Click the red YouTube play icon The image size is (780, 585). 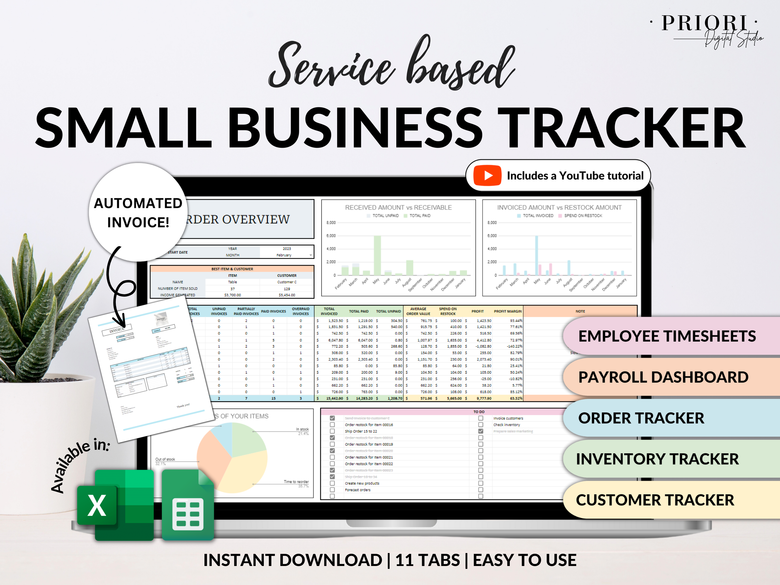click(x=487, y=175)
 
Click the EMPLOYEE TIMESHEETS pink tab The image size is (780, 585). click(x=667, y=336)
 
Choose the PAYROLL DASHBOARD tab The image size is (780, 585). click(x=663, y=377)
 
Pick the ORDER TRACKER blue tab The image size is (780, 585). click(x=641, y=418)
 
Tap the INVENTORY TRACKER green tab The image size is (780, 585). click(x=657, y=459)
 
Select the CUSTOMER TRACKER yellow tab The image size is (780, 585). click(x=655, y=500)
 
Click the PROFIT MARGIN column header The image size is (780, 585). click(x=507, y=311)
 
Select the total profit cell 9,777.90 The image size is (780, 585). click(x=484, y=398)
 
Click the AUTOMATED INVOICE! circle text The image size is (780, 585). click(x=138, y=213)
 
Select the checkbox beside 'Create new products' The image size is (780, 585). click(x=332, y=483)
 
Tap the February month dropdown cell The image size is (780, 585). click(x=286, y=255)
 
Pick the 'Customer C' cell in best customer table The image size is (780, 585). click(x=287, y=282)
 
